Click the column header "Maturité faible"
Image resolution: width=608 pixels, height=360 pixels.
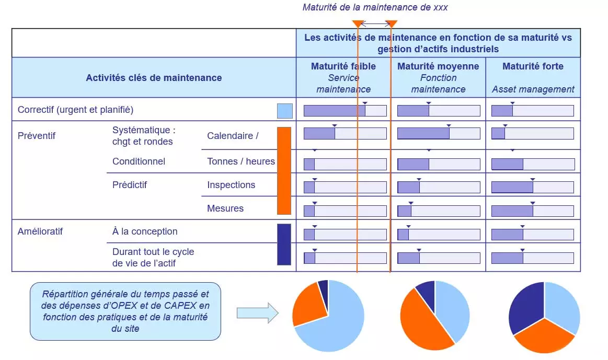[343, 66]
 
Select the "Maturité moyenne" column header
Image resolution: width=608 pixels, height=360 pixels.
[438, 66]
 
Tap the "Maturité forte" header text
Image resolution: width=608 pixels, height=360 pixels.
[533, 66]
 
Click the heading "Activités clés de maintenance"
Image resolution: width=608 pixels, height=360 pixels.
[154, 78]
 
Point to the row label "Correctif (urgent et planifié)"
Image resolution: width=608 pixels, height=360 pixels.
[75, 110]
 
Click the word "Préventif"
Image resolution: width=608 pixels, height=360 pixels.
[37, 136]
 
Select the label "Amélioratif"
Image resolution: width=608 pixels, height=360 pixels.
[40, 231]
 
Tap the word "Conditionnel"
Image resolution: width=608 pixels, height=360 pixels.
[139, 161]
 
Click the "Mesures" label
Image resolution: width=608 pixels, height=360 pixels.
[225, 208]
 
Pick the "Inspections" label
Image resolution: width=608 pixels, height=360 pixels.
[231, 185]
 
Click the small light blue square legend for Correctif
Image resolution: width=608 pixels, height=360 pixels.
[284, 111]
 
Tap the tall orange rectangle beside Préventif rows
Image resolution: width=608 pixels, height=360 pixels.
[284, 171]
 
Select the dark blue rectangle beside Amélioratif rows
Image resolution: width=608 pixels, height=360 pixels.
[284, 244]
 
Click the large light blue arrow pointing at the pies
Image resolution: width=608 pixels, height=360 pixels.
[257, 312]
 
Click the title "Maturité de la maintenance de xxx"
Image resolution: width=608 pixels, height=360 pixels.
[375, 7]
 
